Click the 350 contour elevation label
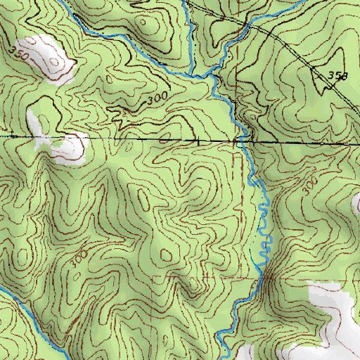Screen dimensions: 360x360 [18, 52]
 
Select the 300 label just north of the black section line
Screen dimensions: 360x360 [158, 101]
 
